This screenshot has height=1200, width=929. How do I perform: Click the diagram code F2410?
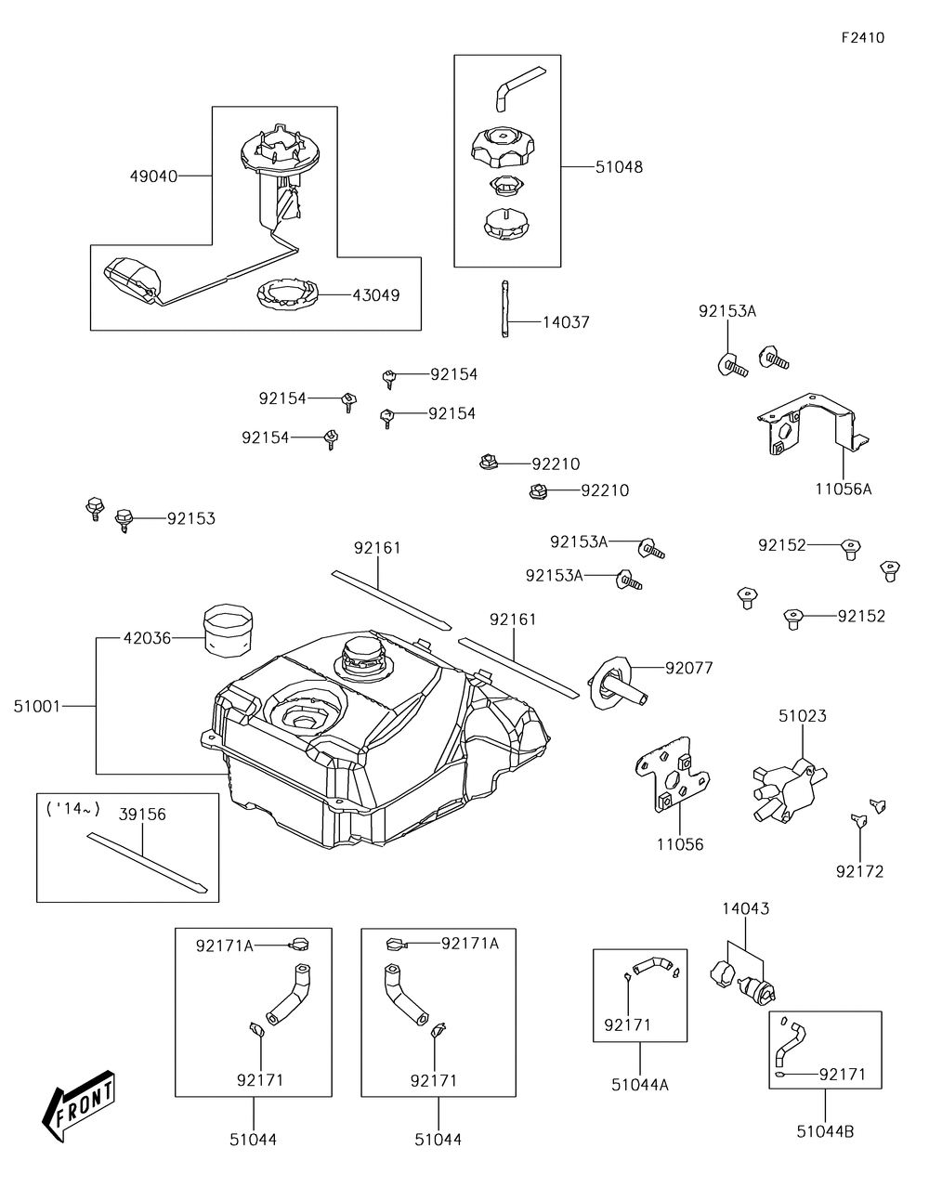862,38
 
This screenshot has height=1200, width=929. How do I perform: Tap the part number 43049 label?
375,295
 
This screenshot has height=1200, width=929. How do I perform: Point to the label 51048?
618,167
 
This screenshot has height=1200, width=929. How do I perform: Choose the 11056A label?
844,489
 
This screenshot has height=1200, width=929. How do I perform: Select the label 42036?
147,638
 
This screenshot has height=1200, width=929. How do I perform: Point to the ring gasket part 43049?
288,295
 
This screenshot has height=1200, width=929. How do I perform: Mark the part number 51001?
37,706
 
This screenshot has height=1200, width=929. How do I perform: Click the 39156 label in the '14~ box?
142,814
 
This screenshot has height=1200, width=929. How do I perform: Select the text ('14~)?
72,808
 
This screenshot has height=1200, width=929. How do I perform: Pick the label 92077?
688,667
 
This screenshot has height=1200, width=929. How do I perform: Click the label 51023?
802,716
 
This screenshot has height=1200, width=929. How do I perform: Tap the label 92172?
859,871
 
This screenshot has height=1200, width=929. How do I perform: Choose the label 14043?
746,908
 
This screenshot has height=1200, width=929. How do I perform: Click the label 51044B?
825,1131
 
